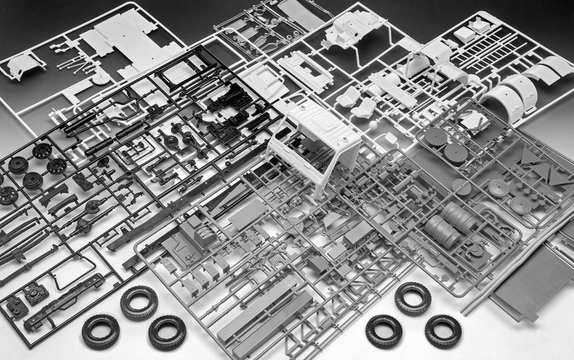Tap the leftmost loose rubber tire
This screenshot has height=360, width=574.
pyautogui.click(x=100, y=331)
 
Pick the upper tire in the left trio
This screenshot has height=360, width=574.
pyautogui.click(x=138, y=302)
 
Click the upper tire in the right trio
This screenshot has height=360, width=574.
pyautogui.click(x=413, y=298)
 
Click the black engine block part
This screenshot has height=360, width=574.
pyautogui.click(x=229, y=93)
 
